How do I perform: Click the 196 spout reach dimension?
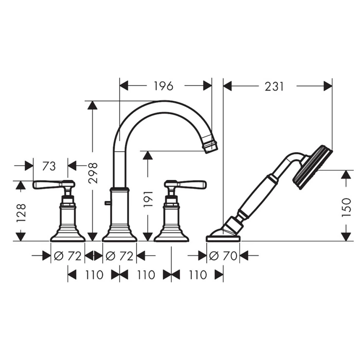click(x=163, y=86)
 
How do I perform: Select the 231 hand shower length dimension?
click(x=274, y=86)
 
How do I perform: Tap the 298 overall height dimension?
click(x=93, y=173)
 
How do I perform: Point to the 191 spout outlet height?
click(x=148, y=199)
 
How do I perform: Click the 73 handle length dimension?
click(x=49, y=166)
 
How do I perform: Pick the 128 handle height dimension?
click(x=21, y=213)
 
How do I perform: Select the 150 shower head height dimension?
click(x=347, y=208)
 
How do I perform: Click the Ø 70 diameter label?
click(x=223, y=256)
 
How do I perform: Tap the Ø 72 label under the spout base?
click(x=119, y=256)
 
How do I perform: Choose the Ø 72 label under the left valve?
click(x=67, y=256)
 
